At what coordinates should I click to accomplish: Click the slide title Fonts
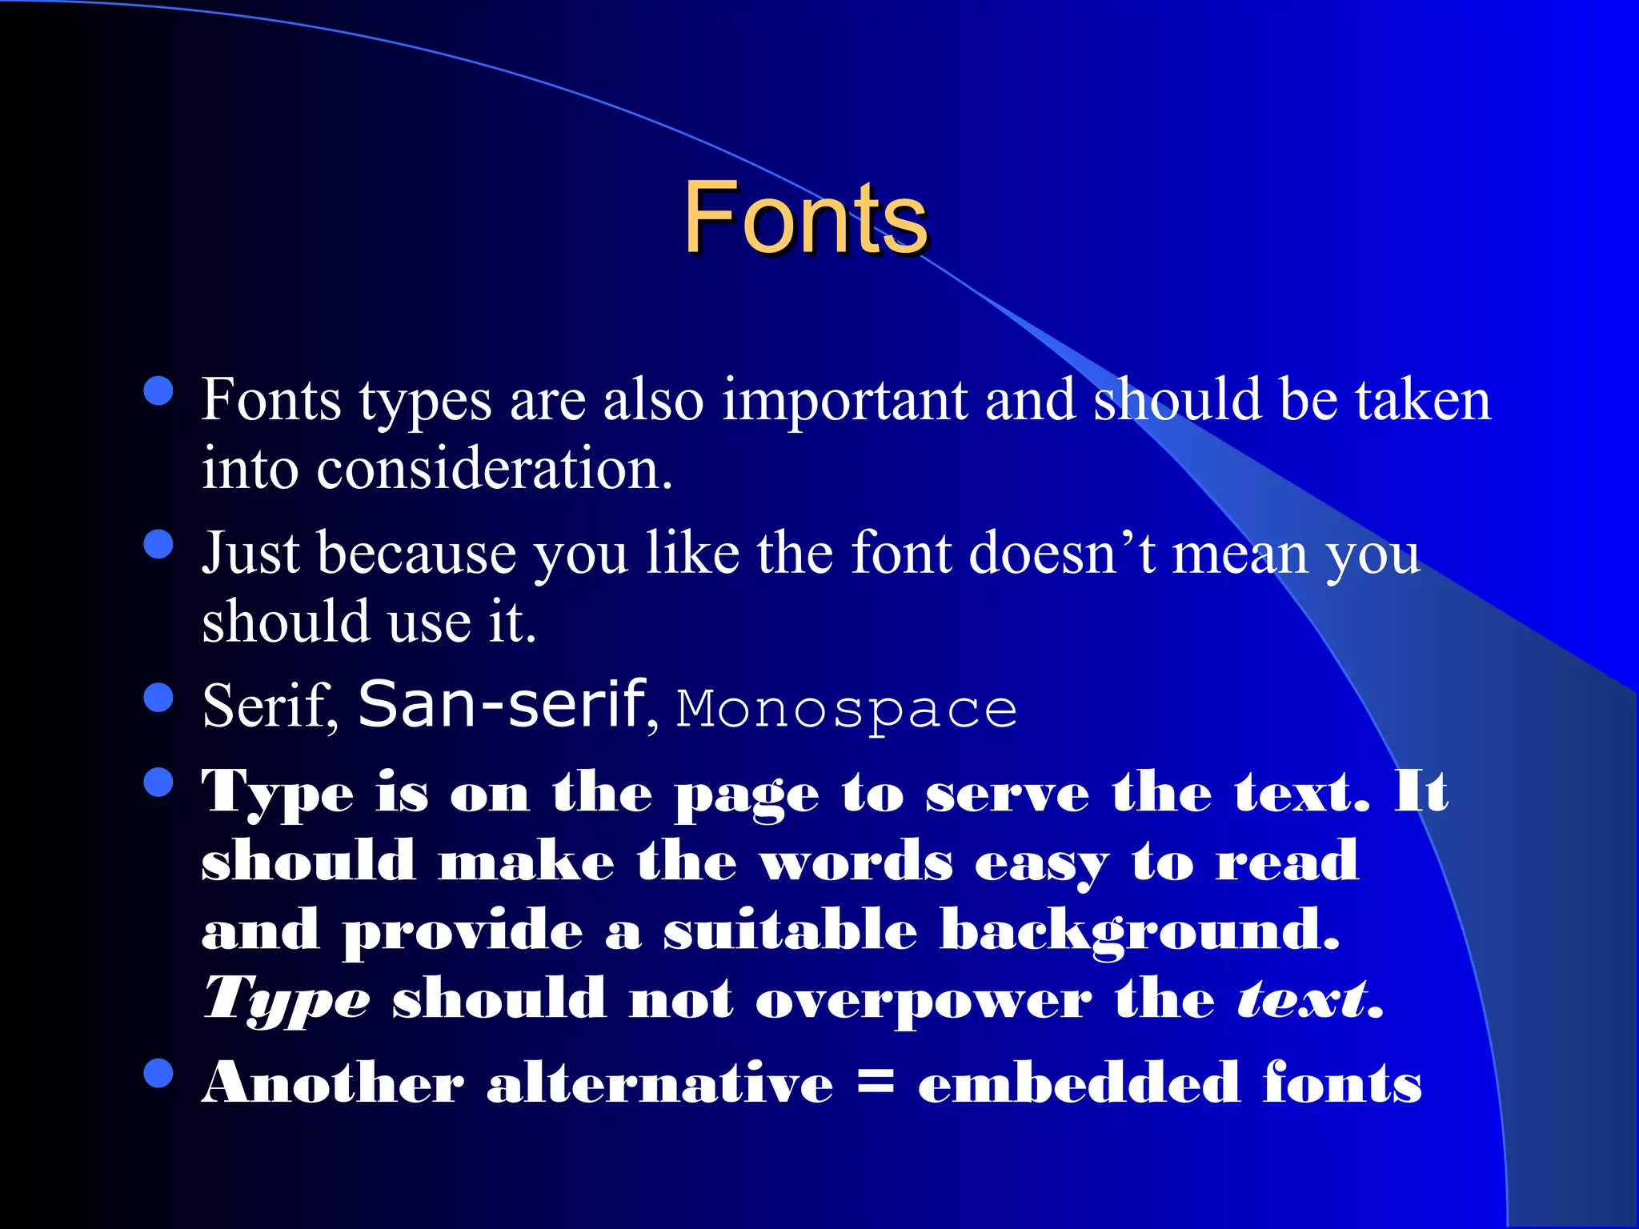tap(805, 218)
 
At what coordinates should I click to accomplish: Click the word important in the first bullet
tap(844, 400)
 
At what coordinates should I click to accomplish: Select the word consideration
tap(494, 469)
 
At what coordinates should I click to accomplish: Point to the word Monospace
tap(847, 710)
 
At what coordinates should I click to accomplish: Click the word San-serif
tap(502, 704)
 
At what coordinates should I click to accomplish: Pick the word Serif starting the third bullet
tap(266, 706)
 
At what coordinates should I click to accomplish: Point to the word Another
tap(333, 1084)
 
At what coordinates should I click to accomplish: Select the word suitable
tap(790, 931)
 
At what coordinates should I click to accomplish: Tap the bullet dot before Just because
tap(158, 544)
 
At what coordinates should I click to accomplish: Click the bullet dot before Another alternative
tap(158, 1074)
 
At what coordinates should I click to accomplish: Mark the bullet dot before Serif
tap(158, 697)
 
